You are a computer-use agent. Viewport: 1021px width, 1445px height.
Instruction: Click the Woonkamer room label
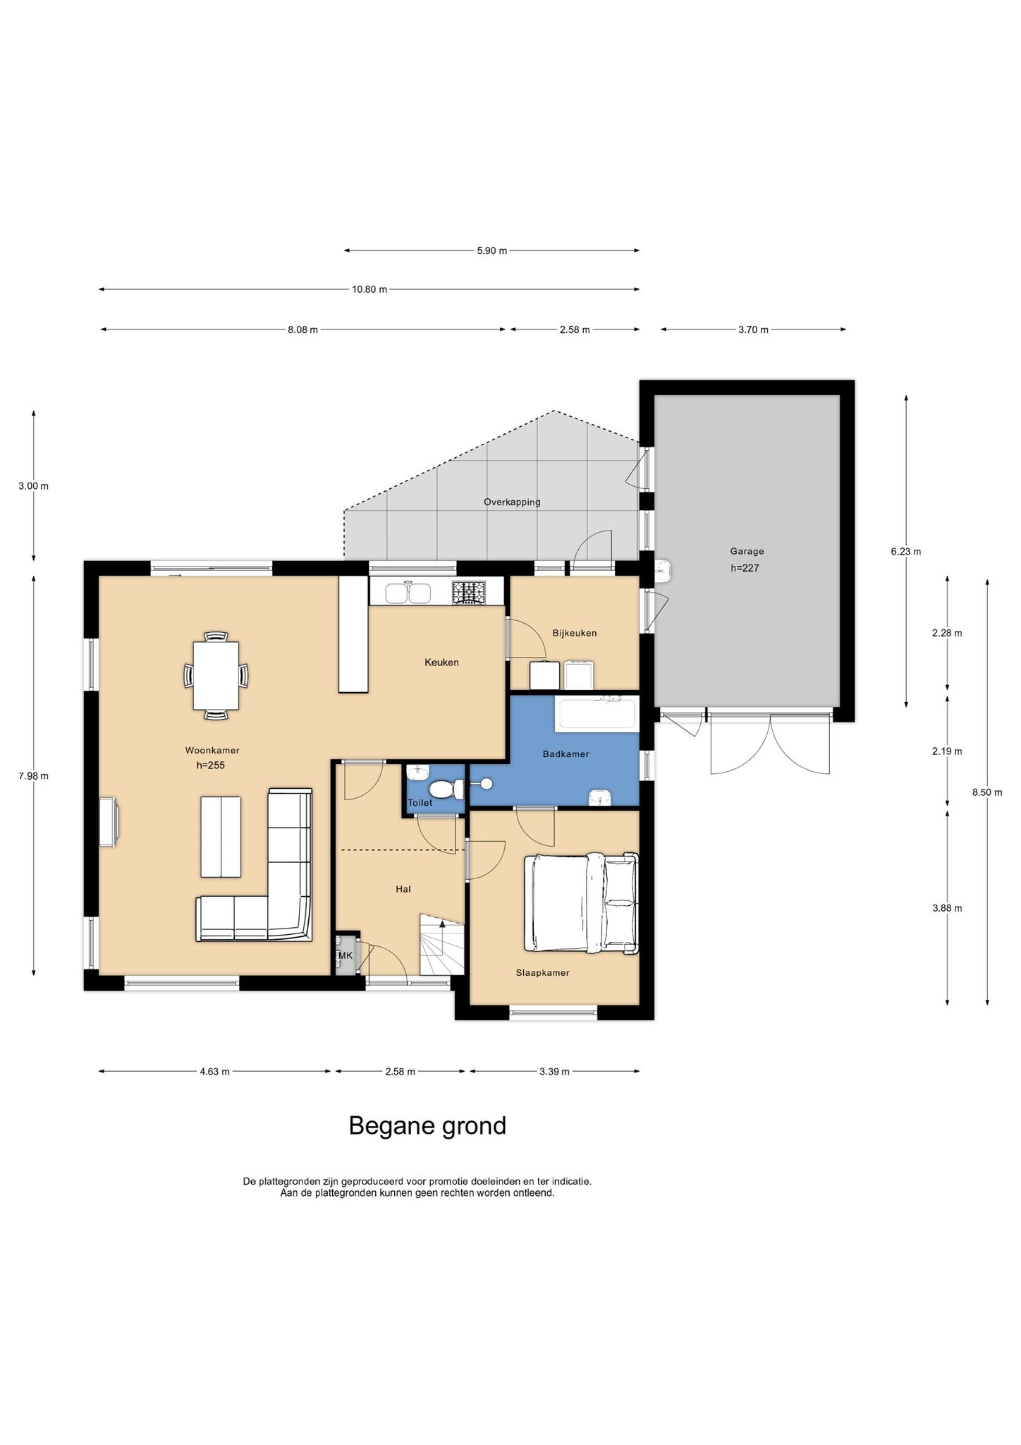tap(212, 750)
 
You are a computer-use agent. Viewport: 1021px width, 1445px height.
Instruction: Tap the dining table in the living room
tap(216, 676)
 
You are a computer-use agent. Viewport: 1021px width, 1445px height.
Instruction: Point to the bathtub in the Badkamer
tap(597, 712)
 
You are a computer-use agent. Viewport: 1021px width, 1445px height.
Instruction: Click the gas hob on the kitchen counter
tap(469, 592)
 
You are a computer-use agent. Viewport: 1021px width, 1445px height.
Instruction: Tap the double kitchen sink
tap(408, 593)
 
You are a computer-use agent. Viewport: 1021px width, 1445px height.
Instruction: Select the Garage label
tap(747, 551)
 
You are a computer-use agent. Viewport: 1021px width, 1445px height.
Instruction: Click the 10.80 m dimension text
tap(369, 289)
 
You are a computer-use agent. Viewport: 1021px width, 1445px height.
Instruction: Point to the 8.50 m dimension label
tap(987, 792)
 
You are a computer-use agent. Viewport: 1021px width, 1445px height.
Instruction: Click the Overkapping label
tap(512, 502)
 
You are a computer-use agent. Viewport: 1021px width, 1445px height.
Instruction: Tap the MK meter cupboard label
tap(346, 955)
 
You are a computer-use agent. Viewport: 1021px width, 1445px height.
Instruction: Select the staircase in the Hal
tap(442, 944)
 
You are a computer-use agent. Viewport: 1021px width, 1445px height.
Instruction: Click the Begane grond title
tap(427, 1125)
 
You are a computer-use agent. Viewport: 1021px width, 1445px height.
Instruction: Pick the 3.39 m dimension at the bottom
tap(554, 1071)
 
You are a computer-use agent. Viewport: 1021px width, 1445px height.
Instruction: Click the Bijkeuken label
tap(575, 633)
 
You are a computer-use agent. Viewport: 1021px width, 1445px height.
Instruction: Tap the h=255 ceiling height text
tap(210, 765)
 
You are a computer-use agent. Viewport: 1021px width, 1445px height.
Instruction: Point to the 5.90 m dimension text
tap(492, 250)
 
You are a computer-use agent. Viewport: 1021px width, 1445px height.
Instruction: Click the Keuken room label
tap(441, 662)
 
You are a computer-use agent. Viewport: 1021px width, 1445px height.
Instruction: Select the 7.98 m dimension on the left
tap(34, 776)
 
